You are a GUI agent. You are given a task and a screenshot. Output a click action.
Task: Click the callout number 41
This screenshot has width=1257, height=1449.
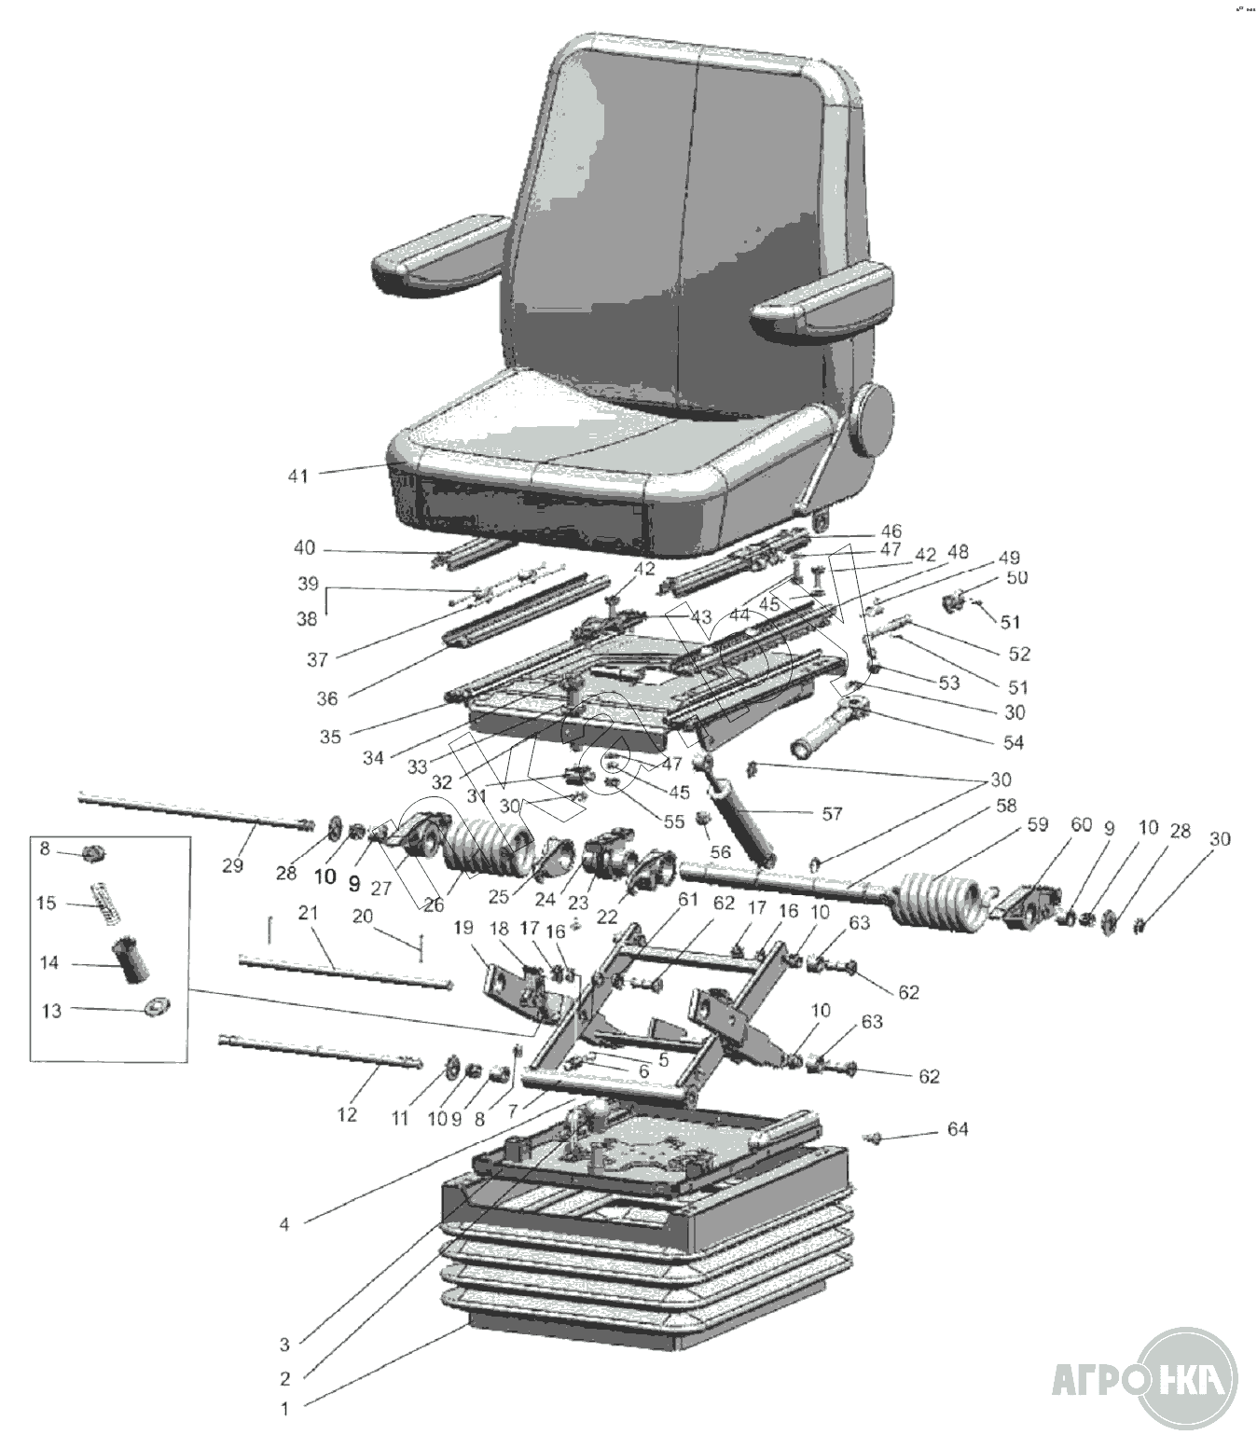coord(297,476)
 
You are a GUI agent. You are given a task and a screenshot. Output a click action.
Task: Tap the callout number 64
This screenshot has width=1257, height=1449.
coord(958,1129)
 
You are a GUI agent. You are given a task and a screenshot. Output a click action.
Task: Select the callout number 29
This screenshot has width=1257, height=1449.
coord(232,864)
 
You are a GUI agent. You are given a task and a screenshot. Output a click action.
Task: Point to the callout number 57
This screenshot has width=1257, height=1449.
coord(832,813)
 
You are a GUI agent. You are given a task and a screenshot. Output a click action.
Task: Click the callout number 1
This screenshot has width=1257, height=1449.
coord(286,1409)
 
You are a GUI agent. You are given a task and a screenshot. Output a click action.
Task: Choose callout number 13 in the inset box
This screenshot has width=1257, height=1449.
coord(52,1010)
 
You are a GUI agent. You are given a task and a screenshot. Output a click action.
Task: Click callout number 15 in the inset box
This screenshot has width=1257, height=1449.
coord(47,903)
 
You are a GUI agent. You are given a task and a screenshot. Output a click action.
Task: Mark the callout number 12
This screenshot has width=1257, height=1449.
coord(347,1114)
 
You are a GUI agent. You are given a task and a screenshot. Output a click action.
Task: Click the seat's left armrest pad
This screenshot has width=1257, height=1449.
coord(438,252)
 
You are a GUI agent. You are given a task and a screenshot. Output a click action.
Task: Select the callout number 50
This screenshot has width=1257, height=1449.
coord(1016,577)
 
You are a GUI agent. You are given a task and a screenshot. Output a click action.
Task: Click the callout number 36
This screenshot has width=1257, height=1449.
coord(328,697)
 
